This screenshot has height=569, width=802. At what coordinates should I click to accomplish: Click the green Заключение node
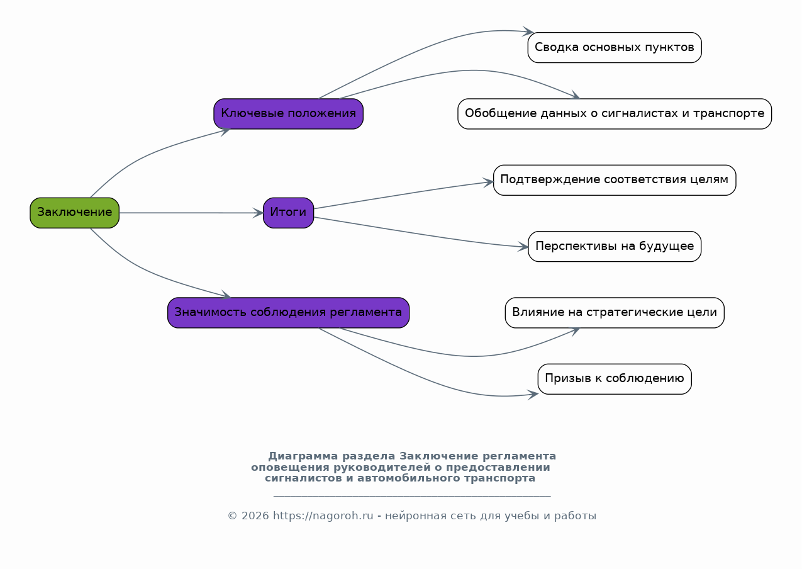[x=74, y=213]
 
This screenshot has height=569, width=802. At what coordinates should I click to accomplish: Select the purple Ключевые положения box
[x=289, y=114]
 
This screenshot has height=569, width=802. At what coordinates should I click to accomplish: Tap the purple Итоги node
[x=289, y=213]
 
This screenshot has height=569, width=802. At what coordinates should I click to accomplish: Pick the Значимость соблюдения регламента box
[x=289, y=312]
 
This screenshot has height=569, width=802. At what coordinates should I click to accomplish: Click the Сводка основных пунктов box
[x=615, y=48]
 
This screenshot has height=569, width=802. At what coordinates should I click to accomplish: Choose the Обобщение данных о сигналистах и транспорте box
[x=615, y=114]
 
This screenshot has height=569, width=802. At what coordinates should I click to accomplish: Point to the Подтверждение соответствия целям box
[x=615, y=180]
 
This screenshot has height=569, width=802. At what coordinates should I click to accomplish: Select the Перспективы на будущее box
[x=615, y=247]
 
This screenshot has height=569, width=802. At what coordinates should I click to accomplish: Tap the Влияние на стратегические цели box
[x=615, y=312]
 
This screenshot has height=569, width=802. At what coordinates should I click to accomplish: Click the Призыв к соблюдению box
[x=615, y=379]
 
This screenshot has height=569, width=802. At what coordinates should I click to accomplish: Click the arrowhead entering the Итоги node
[x=259, y=213]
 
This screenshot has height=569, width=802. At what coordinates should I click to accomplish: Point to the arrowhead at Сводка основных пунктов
[x=528, y=31]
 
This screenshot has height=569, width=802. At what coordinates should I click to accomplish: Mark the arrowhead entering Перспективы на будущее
[x=523, y=247]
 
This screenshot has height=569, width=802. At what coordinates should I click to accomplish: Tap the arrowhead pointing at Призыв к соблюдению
[x=533, y=395]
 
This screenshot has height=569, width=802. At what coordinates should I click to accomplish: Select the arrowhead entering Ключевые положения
[x=225, y=131]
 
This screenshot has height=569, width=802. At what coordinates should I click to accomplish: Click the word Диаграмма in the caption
[x=303, y=456]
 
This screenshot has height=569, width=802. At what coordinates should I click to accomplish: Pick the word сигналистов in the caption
[x=304, y=478]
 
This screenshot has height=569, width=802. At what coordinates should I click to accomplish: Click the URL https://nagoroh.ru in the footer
[x=323, y=516]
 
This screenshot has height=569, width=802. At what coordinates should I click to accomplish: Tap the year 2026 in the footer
[x=255, y=516]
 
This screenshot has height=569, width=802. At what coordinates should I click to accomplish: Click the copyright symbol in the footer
[x=232, y=516]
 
